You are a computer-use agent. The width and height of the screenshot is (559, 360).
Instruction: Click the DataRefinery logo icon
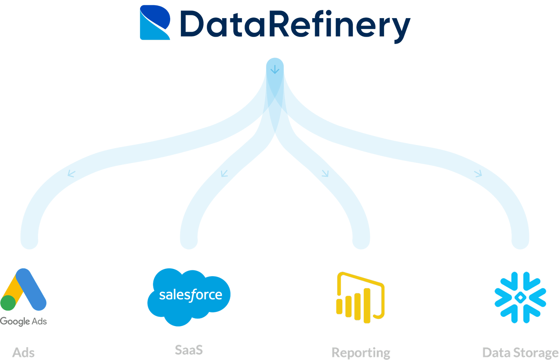coord(155,22)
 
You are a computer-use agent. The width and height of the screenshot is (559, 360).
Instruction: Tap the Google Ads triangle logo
coord(23,290)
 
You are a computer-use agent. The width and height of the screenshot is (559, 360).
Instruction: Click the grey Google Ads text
coord(23,321)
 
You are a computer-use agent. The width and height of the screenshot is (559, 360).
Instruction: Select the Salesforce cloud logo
coord(189,296)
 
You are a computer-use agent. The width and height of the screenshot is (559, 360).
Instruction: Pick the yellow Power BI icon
coord(360,297)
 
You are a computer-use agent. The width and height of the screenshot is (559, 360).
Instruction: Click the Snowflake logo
coord(520,297)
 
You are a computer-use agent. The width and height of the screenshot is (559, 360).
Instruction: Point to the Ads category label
coord(23,352)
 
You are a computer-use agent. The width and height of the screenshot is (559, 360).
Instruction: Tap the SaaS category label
coord(189,350)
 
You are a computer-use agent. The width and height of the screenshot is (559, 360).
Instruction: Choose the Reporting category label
coord(361,353)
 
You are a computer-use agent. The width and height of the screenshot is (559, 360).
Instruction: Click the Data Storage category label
coord(520,353)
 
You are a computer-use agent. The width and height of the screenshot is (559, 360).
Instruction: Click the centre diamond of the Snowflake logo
coord(520,297)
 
